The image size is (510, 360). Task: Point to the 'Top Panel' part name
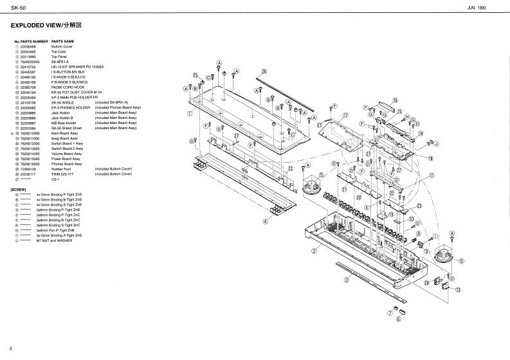[59, 57]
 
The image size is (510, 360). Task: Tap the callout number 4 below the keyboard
[264, 221]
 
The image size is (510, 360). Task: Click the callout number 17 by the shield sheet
[345, 116]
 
